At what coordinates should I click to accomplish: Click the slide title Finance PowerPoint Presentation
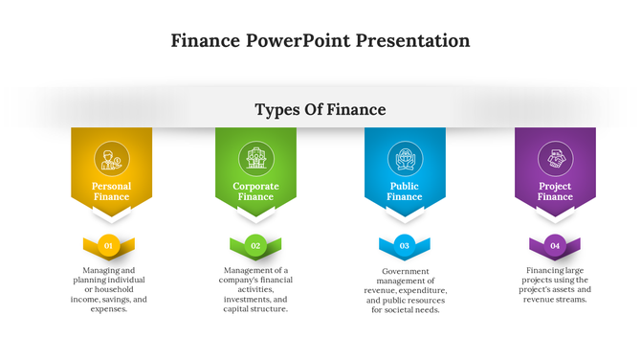[x=320, y=40]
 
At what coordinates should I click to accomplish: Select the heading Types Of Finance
[x=320, y=109]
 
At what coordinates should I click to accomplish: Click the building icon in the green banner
[x=255, y=158]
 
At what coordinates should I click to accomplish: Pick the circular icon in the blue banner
[x=404, y=158]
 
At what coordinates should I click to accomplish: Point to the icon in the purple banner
[x=555, y=158]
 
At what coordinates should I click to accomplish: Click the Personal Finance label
[x=111, y=191]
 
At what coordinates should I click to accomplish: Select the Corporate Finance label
[x=255, y=191]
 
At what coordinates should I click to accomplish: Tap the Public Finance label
[x=404, y=191]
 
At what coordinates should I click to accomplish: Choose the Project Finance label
[x=555, y=191]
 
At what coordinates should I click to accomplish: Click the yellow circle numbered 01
[x=109, y=246]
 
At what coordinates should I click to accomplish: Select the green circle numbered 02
[x=255, y=246]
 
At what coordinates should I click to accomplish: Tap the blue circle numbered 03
[x=404, y=246]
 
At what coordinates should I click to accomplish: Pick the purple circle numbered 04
[x=555, y=246]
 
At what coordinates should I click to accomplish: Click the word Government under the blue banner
[x=405, y=271]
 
